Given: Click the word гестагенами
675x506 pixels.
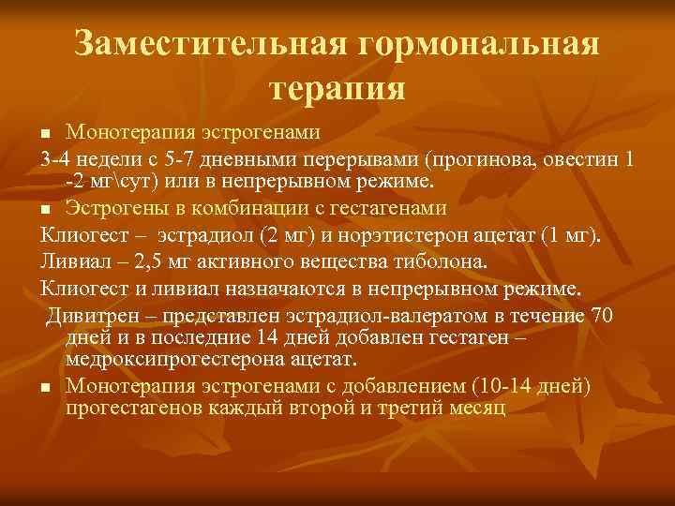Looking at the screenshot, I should (381, 207).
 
